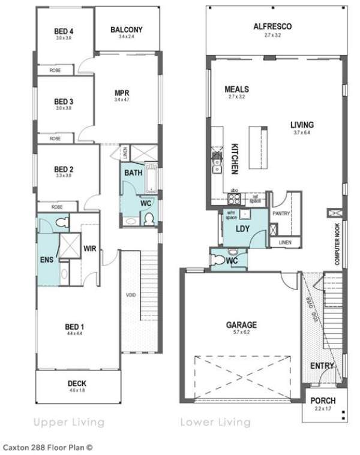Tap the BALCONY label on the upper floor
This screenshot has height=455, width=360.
point(127,29)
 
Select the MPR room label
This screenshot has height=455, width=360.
point(122,93)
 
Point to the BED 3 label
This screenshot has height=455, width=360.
point(64,101)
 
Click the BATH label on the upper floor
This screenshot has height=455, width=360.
point(133,173)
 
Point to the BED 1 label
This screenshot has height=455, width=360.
point(74,327)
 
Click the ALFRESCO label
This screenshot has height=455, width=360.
point(272,27)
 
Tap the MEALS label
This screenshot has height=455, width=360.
point(237,89)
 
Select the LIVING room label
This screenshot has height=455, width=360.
point(302,125)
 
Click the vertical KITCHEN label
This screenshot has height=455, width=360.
point(235,158)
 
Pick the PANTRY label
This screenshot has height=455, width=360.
point(281,213)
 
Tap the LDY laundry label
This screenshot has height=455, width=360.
point(242,228)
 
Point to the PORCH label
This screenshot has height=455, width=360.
point(323,400)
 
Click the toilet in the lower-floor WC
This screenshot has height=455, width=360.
point(220,260)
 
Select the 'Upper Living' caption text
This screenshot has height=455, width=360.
point(69,422)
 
